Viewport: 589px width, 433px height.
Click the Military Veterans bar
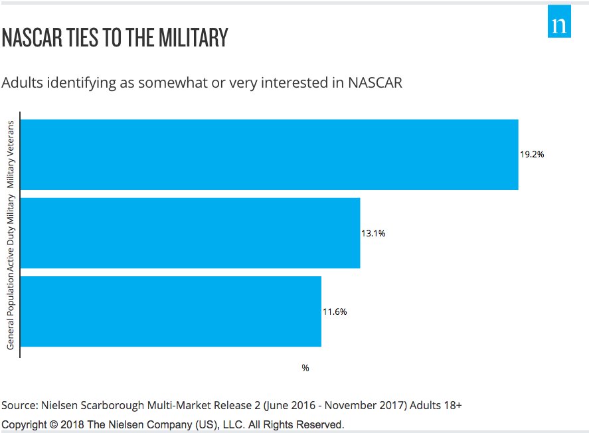(270, 155)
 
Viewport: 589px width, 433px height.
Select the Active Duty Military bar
(191, 233)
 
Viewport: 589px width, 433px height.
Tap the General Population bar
(171, 311)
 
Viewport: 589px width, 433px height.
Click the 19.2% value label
(532, 155)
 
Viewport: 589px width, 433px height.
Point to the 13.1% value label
(374, 233)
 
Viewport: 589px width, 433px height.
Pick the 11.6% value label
(335, 311)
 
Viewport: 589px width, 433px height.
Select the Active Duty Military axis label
(11, 233)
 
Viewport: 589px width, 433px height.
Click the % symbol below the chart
(305, 368)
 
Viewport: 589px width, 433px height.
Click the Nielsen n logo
(559, 25)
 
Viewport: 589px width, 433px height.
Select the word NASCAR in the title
(31, 39)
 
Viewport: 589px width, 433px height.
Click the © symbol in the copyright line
(51, 424)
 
